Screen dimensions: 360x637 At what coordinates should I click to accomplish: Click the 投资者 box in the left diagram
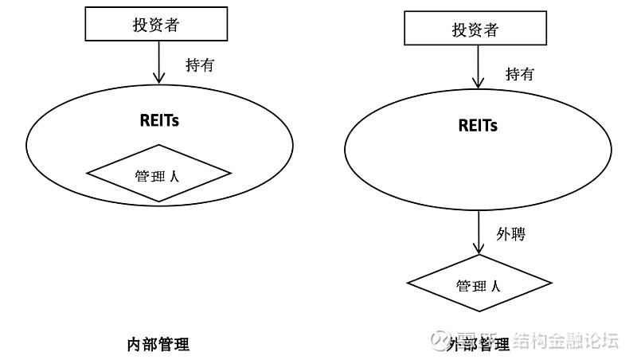pyautogui.click(x=156, y=25)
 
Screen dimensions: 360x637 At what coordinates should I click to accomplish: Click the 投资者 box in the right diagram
pyautogui.click(x=475, y=30)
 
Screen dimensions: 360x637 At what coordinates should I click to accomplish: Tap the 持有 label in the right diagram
pyautogui.click(x=520, y=75)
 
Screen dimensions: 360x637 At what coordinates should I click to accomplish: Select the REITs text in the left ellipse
pyautogui.click(x=160, y=120)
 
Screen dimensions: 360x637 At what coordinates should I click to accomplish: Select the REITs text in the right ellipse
pyautogui.click(x=478, y=126)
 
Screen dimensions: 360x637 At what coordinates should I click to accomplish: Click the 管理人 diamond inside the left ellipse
pyautogui.click(x=158, y=174)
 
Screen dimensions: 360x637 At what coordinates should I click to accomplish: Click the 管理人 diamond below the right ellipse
pyautogui.click(x=479, y=284)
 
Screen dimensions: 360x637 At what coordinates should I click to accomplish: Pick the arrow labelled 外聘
pyautogui.click(x=479, y=231)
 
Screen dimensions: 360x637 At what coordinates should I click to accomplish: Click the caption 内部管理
pyautogui.click(x=158, y=345)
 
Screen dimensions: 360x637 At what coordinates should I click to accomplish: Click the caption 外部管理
pyautogui.click(x=479, y=344)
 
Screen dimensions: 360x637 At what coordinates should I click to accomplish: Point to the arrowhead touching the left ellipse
pyautogui.click(x=159, y=78)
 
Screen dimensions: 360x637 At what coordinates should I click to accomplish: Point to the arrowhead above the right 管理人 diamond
pyautogui.click(x=479, y=248)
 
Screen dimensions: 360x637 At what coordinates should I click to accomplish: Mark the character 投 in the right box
pyautogui.click(x=459, y=30)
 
